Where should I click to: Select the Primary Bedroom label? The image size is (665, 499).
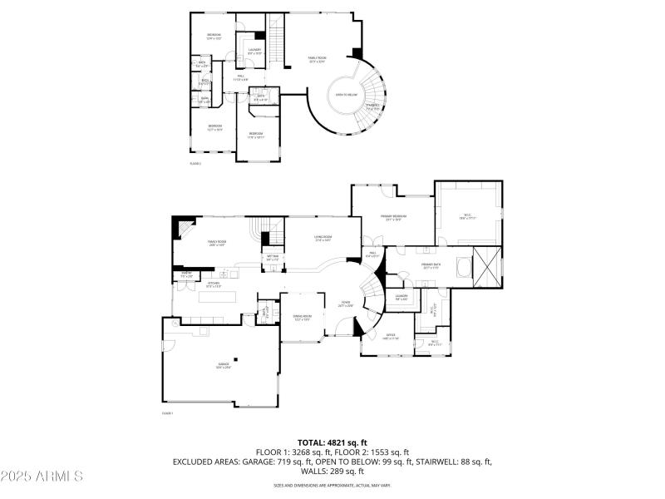pos(392,218)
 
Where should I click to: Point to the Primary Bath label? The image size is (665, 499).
pos(431,266)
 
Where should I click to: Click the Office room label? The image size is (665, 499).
pos(391,338)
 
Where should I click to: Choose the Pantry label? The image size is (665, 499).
pos(187,274)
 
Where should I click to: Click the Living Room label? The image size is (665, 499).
pos(323,240)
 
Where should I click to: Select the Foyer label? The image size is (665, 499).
pos(346,304)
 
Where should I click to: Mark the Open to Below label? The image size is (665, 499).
pos(347,94)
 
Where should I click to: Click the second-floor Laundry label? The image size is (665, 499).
pos(254,51)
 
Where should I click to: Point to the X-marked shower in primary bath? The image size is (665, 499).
pos(485,266)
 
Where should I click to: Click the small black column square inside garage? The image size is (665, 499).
pos(235,359)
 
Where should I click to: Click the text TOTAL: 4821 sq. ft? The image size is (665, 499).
pos(332,442)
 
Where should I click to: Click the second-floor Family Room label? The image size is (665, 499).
pos(318,59)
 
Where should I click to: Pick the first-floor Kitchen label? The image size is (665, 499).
pos(214,284)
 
